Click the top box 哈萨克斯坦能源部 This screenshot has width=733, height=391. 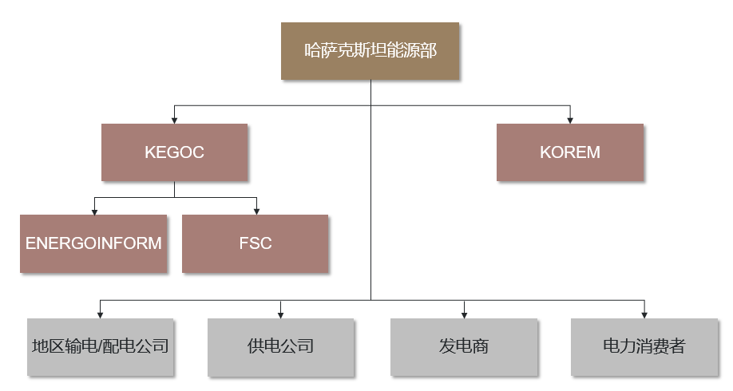click(x=370, y=50)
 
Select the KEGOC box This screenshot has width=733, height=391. click(x=174, y=152)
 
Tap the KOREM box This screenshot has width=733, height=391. click(x=569, y=152)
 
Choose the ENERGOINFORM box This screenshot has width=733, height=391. click(x=93, y=243)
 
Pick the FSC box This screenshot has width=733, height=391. click(x=255, y=243)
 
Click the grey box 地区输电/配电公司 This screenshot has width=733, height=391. click(x=100, y=346)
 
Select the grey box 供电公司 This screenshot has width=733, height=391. click(x=280, y=346)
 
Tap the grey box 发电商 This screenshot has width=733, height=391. click(x=464, y=346)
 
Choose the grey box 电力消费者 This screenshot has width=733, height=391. click(x=644, y=346)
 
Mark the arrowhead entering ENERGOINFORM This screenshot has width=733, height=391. click(x=94, y=211)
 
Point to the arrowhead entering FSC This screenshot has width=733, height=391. click(x=256, y=211)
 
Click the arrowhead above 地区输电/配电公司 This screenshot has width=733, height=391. click(x=100, y=314)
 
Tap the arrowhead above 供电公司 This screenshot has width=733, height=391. click(x=280, y=314)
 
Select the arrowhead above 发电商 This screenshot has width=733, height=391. click(x=464, y=314)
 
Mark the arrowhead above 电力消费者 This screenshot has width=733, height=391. click(x=644, y=314)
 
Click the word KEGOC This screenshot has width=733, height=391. click(x=174, y=152)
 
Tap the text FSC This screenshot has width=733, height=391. click(x=255, y=243)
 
